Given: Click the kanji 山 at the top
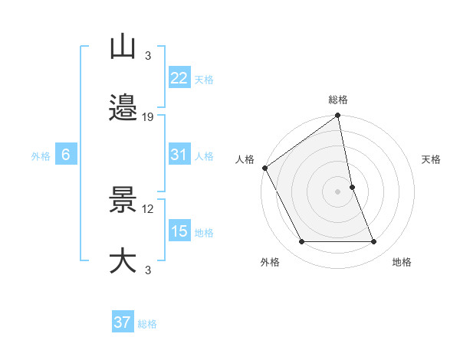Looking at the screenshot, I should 123,47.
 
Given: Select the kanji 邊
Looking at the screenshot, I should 123,109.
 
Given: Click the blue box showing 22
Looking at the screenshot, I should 179,78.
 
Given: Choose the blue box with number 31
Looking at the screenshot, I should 179,155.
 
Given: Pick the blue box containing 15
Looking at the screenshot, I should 179,231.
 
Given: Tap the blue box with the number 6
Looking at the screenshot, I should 66,155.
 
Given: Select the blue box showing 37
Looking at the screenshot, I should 122,322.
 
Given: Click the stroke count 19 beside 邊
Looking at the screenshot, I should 149,117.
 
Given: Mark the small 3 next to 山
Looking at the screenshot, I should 147,56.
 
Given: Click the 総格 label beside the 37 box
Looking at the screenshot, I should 147,324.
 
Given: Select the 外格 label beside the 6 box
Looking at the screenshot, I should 41,155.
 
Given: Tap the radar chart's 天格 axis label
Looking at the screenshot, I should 432,159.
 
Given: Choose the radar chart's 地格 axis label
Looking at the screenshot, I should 402,262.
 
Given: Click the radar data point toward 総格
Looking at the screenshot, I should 338,116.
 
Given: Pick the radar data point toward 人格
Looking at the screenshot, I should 265,168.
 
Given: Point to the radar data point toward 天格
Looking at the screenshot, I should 352,187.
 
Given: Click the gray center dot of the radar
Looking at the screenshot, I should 338,191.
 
